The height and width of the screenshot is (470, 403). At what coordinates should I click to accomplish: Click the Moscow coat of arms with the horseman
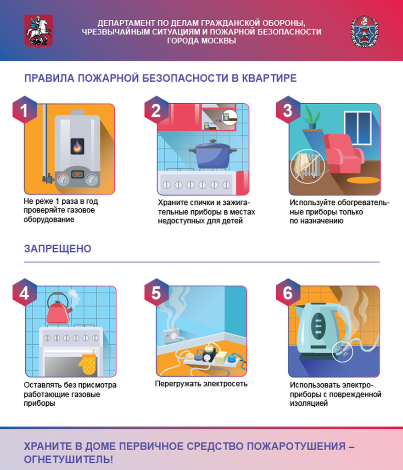(x=39, y=30)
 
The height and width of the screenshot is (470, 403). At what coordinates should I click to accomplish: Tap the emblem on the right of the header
(x=364, y=31)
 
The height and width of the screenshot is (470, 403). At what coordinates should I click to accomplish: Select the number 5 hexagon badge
(x=157, y=293)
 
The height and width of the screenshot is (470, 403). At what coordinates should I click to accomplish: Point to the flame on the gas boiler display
(x=77, y=146)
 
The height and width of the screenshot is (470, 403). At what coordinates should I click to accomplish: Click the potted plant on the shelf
(x=312, y=117)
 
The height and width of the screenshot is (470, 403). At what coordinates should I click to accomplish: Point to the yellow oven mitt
(x=87, y=363)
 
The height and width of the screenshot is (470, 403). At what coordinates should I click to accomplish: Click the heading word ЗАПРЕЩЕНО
(x=57, y=249)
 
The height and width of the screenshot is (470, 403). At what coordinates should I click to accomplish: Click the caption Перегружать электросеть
(x=201, y=384)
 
